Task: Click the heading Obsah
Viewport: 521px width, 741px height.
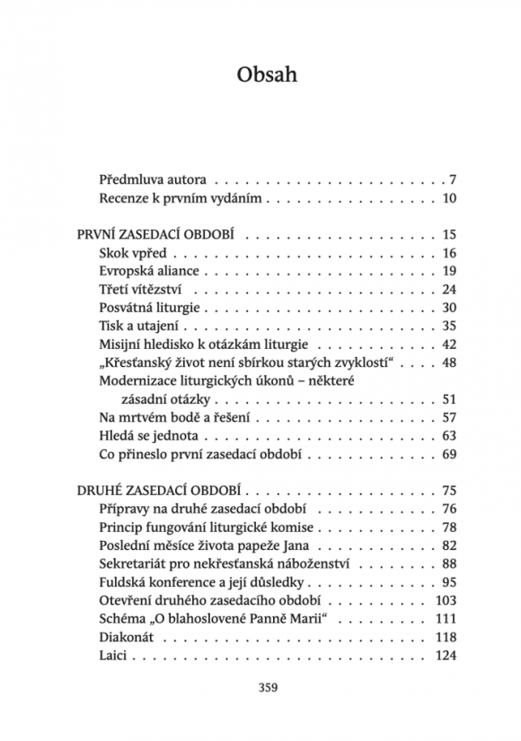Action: [x=267, y=74]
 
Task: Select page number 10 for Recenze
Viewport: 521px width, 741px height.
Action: [x=449, y=198]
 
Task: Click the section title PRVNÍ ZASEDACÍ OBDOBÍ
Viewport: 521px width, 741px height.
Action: [x=155, y=235]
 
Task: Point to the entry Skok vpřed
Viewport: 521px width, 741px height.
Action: [x=127, y=254]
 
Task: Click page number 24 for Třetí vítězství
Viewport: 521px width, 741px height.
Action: [x=449, y=290]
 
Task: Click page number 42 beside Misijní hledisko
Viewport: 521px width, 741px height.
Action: [x=449, y=344]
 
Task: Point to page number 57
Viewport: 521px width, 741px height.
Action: [x=449, y=418]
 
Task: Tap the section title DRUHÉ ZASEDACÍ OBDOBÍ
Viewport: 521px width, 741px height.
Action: [x=159, y=491]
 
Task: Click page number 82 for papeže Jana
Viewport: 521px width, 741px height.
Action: [x=449, y=545]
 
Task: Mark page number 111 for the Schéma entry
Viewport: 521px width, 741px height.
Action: [x=446, y=620]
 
